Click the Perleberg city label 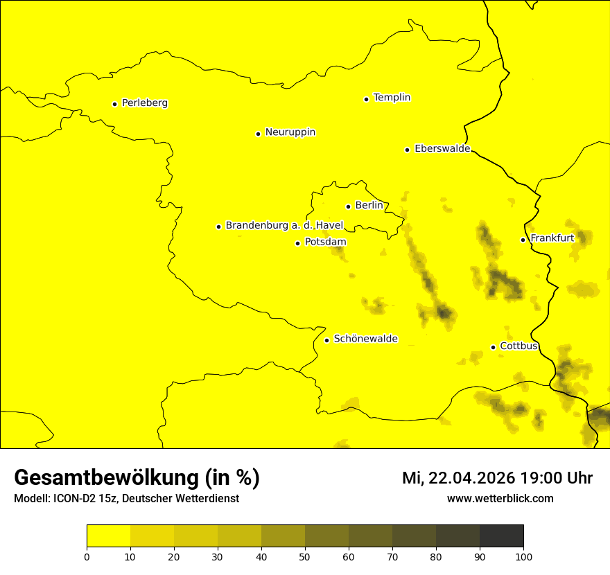[144, 103]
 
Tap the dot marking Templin [366, 99]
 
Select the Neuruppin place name [290, 132]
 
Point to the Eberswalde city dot [407, 150]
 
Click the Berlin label [369, 206]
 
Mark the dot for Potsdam [297, 243]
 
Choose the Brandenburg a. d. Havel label [284, 226]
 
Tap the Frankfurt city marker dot [523, 240]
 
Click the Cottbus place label [518, 346]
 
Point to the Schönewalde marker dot [326, 340]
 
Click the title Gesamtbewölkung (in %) [137, 478]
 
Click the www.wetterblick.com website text [500, 499]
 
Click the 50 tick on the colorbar [305, 556]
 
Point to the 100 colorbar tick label [523, 556]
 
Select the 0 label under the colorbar [87, 556]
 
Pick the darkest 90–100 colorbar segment [501, 536]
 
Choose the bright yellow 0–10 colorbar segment [108, 536]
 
